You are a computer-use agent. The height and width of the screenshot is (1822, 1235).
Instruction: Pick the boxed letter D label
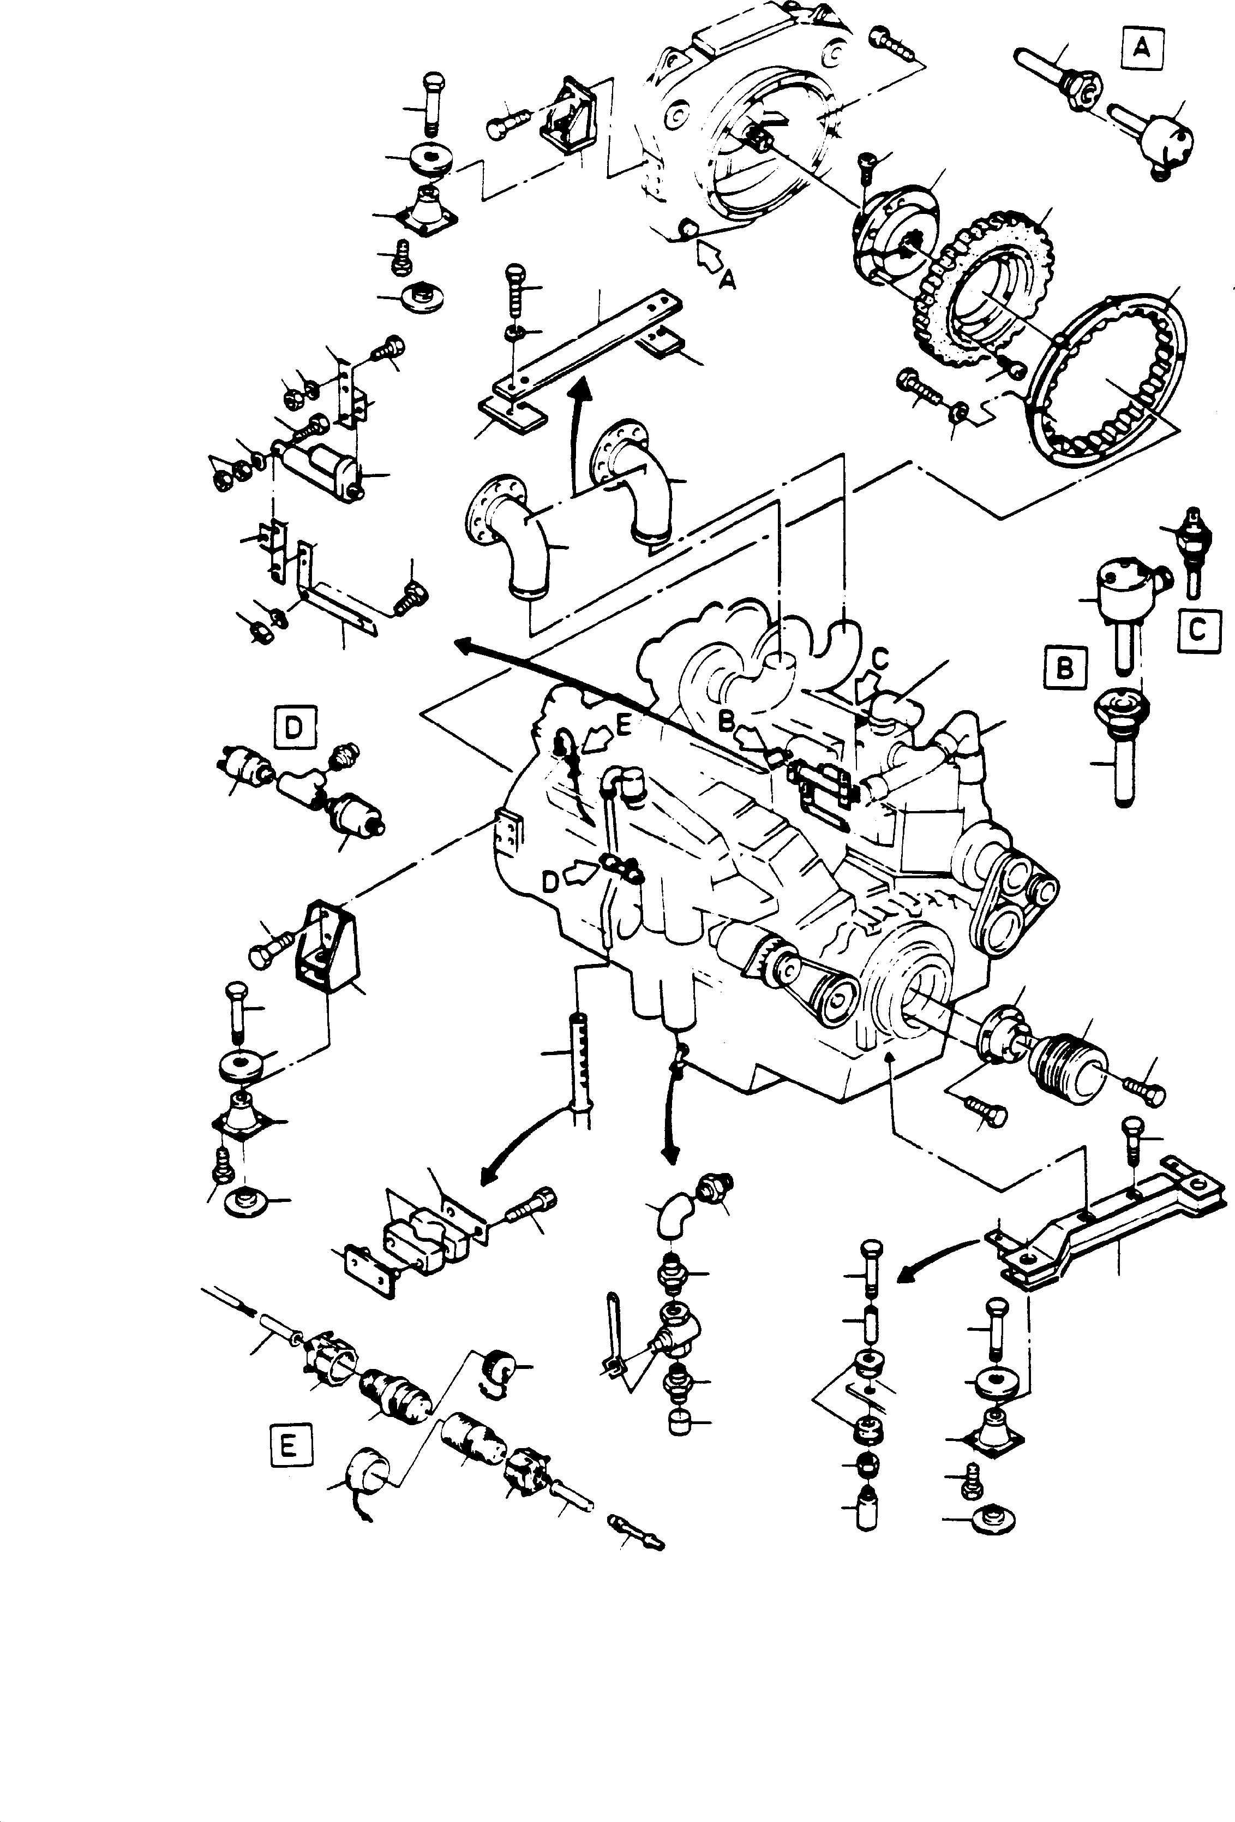click(293, 728)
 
